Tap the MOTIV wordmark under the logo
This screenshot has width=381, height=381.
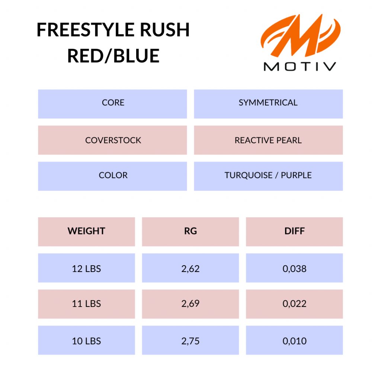(300, 67)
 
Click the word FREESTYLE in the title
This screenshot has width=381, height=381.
(86, 30)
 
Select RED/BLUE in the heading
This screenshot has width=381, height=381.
(113, 56)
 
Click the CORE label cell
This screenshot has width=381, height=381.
(112, 104)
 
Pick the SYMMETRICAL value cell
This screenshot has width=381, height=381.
(268, 104)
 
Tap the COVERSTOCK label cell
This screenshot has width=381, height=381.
(112, 140)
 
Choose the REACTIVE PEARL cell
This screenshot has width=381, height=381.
(268, 140)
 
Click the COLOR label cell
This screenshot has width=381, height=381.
(112, 176)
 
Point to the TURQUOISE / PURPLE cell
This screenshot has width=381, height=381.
(268, 176)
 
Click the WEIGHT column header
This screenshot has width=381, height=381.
(86, 232)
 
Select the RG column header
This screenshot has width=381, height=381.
(190, 232)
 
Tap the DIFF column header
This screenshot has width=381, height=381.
(295, 232)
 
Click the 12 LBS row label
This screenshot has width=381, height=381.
(86, 268)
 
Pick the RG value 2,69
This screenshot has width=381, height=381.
(190, 304)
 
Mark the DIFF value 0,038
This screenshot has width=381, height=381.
(295, 268)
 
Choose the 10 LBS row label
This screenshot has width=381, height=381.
(86, 340)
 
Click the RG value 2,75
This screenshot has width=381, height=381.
(190, 340)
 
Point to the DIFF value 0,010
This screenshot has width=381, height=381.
(295, 340)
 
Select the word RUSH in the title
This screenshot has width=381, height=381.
(165, 30)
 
